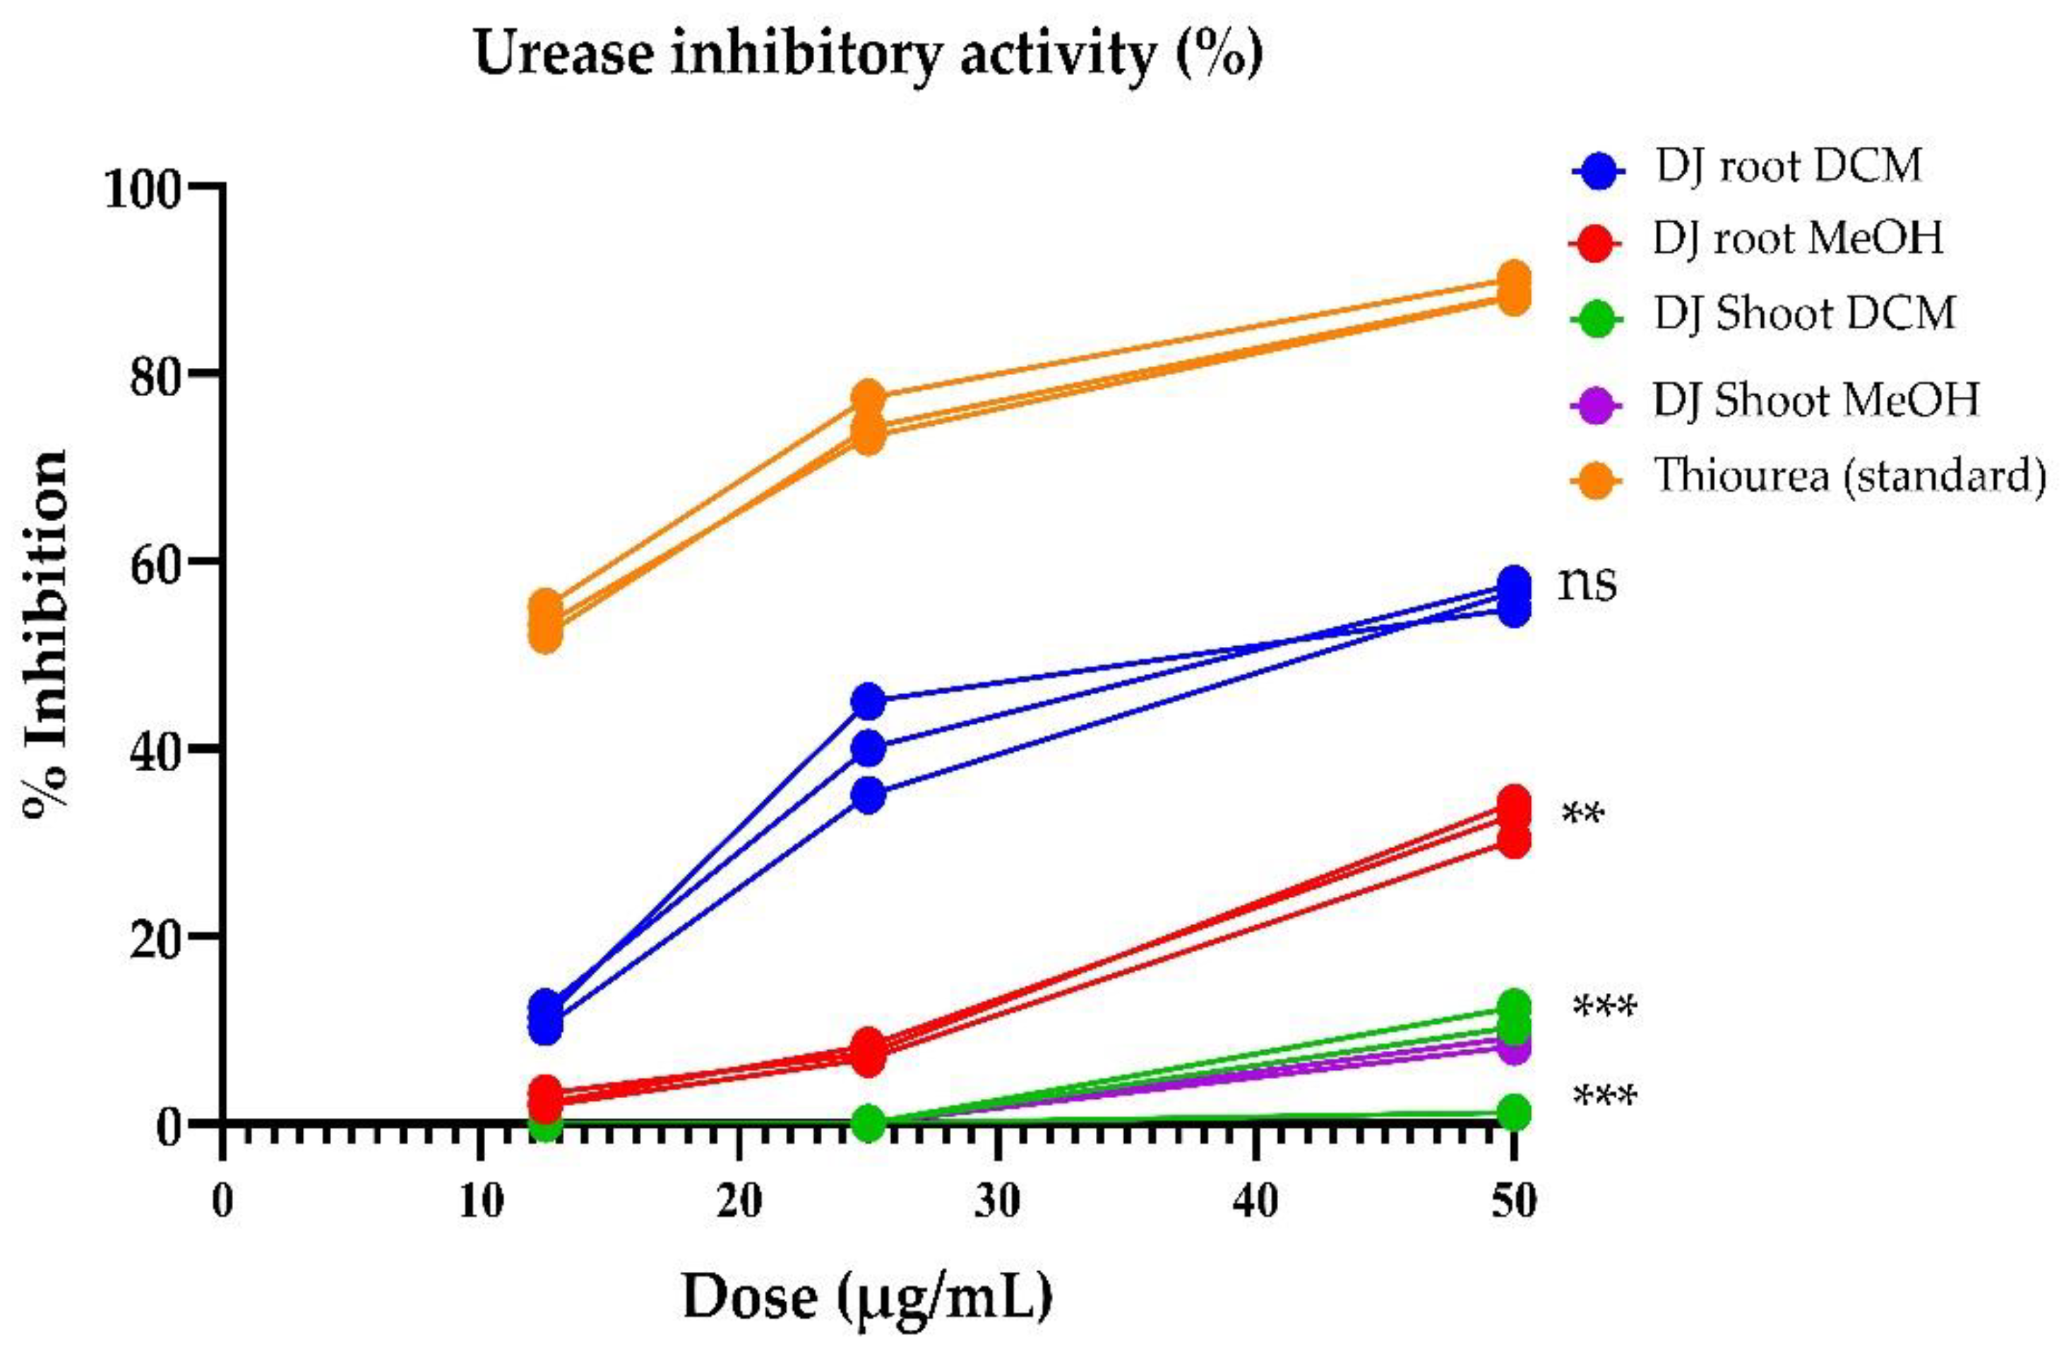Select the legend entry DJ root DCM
click(1788, 167)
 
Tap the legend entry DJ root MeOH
click(1797, 239)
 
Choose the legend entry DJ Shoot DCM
click(1804, 314)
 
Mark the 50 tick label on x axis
click(1513, 1202)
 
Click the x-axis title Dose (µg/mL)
click(867, 1298)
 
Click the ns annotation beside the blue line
click(1587, 583)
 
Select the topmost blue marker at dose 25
click(868, 701)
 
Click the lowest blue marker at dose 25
click(868, 795)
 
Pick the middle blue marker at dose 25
click(868, 749)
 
